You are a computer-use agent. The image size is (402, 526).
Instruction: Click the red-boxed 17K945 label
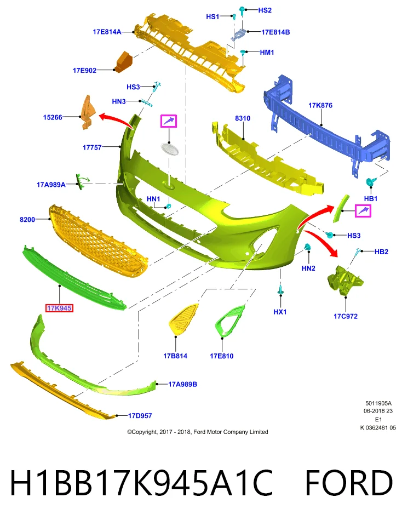[59, 308]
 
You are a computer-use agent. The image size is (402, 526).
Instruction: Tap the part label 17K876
[320, 105]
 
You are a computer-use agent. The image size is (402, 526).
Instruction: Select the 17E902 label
[84, 71]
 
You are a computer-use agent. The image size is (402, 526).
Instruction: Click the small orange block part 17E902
[123, 62]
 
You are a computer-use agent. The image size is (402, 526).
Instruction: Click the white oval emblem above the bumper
[169, 148]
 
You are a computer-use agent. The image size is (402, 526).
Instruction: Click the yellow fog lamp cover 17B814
[183, 319]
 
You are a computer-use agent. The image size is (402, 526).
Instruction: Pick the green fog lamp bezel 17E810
[230, 321]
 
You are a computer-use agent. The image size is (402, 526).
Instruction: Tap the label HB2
[382, 251]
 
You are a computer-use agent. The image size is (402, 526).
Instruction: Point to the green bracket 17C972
[346, 281]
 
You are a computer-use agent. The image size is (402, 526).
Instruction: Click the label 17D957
[140, 416]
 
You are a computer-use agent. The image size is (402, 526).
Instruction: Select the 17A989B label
[183, 384]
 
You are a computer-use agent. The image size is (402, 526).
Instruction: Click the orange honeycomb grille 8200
[98, 241]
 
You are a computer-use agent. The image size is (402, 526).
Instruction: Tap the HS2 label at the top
[265, 10]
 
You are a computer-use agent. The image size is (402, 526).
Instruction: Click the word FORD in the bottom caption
[348, 483]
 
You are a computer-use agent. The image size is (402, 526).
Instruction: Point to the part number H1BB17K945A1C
[141, 483]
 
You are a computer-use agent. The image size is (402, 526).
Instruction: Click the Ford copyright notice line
[198, 432]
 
